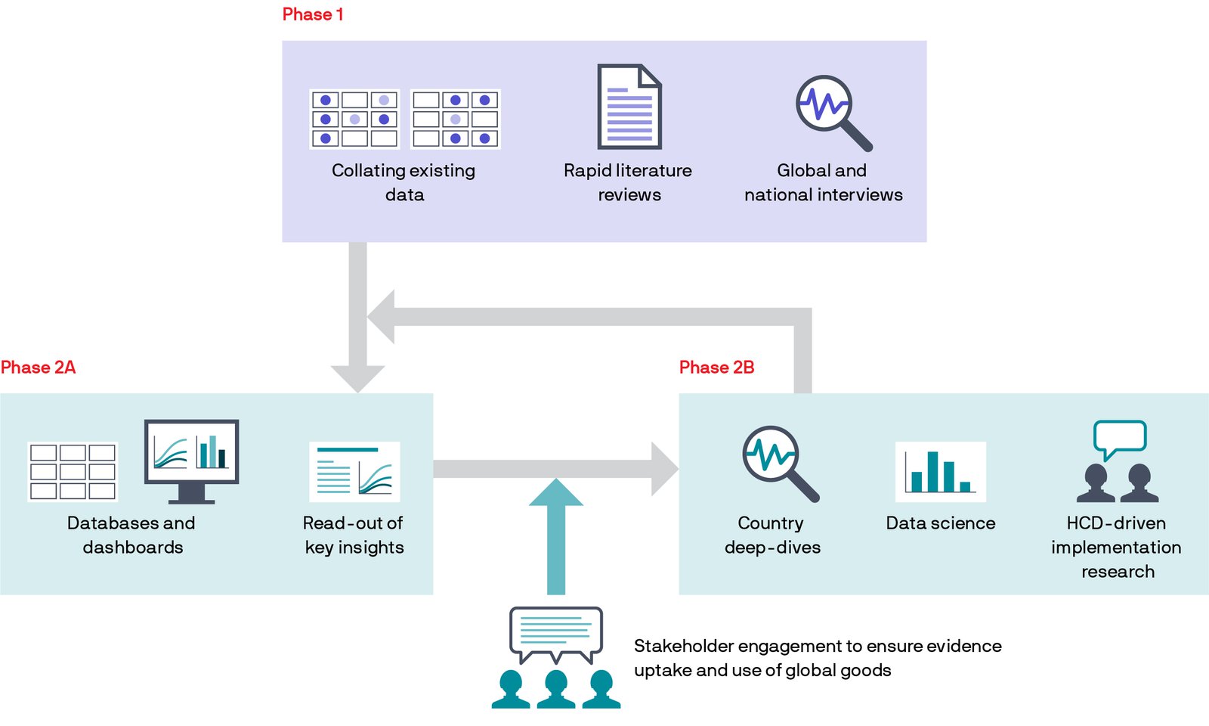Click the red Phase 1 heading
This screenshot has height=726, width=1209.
tap(313, 15)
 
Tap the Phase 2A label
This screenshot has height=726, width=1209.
tap(38, 368)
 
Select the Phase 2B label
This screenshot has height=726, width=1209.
tap(716, 368)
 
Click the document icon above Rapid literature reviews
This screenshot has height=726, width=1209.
tap(629, 107)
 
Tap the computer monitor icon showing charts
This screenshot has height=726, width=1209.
tap(191, 458)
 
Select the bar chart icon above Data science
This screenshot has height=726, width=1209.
tap(940, 471)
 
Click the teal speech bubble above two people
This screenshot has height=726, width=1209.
tap(1119, 438)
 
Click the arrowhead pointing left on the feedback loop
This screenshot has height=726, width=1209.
tap(382, 317)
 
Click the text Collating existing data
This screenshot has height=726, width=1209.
tap(404, 182)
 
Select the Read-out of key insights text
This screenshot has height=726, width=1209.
tap(354, 535)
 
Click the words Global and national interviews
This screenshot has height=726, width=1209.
tap(823, 182)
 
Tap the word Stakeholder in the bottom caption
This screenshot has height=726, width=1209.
tap(683, 646)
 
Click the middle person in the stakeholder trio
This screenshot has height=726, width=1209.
tap(556, 688)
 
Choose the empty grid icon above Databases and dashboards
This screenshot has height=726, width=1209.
tap(73, 472)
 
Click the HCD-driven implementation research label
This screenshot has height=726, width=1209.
tap(1116, 547)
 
